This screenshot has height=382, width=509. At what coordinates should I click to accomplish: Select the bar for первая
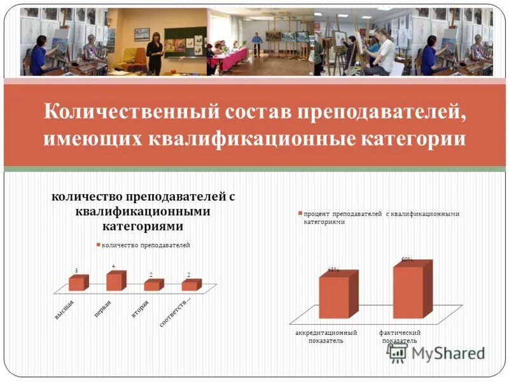click(x=114, y=281)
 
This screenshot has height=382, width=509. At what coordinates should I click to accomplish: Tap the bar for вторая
click(x=152, y=286)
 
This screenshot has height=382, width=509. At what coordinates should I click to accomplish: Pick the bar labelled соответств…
click(x=190, y=286)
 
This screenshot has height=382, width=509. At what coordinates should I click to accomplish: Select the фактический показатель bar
click(x=408, y=291)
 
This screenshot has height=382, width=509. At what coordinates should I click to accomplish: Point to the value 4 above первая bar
click(x=113, y=265)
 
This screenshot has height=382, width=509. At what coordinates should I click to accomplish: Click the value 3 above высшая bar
click(x=76, y=271)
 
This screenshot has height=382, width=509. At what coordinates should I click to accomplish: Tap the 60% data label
click(x=407, y=259)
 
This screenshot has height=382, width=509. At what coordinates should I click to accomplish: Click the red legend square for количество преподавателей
click(x=99, y=244)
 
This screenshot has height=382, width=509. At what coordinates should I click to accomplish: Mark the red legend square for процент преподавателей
click(x=299, y=214)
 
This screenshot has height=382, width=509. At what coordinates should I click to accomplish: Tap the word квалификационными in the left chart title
click(x=143, y=211)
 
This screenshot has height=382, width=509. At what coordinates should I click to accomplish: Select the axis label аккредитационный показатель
click(x=325, y=336)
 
